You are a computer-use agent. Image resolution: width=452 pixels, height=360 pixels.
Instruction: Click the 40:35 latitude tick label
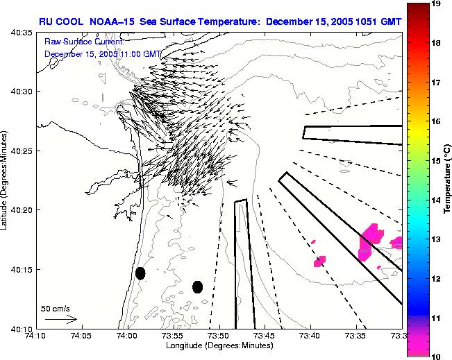click(22, 32)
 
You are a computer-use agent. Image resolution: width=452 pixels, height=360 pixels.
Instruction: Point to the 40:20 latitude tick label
click(22, 210)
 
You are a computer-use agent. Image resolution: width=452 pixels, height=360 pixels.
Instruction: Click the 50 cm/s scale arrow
click(60, 319)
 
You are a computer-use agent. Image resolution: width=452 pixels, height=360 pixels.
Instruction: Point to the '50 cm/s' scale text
click(55, 308)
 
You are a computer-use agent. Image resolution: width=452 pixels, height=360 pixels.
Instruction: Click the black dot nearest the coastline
click(140, 273)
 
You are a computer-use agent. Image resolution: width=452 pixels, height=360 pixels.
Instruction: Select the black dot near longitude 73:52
click(198, 286)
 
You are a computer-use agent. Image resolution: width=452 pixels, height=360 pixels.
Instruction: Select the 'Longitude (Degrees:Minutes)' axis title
click(218, 345)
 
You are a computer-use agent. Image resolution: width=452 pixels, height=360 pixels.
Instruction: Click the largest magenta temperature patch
click(368, 241)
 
